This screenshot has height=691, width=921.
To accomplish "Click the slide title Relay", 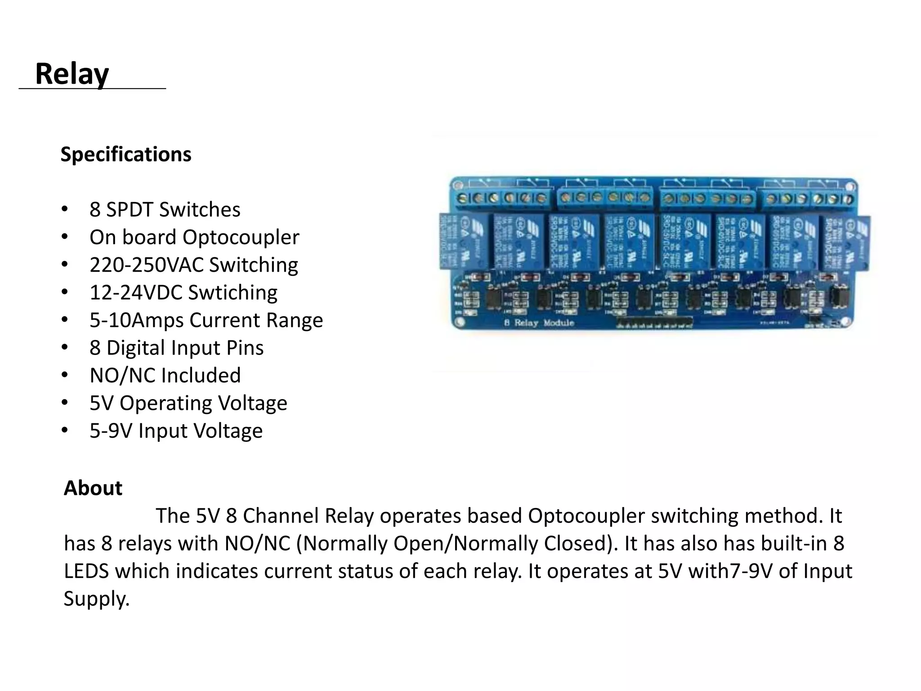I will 72,74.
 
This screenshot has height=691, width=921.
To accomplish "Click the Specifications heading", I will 126,154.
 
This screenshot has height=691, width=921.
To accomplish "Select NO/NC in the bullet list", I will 122,376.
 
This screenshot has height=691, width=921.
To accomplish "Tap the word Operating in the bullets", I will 179,403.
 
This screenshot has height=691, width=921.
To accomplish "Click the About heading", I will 93,488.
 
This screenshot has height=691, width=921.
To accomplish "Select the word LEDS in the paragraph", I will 86,571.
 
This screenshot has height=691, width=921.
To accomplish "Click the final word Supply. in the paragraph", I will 96,599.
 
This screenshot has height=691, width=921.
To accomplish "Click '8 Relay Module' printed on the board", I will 539,323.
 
